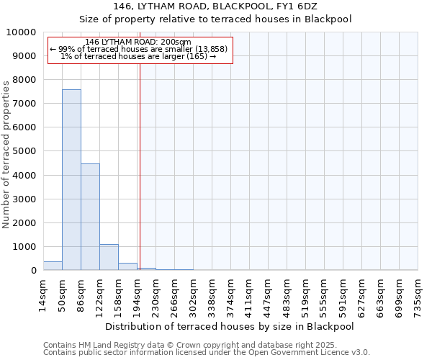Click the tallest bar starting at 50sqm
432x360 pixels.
click(71, 180)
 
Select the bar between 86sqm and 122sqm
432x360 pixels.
click(90, 217)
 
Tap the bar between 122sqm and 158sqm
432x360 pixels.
click(109, 257)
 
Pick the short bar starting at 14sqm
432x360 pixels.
click(53, 266)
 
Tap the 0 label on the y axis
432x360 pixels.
click(33, 271)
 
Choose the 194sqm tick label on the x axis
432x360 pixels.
click(137, 296)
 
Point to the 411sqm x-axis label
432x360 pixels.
click(249, 296)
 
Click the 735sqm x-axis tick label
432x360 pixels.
click(418, 296)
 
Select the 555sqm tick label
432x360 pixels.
click(324, 296)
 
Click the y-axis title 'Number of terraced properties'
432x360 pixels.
click(7, 154)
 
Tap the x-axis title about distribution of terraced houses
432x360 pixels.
click(230, 326)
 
